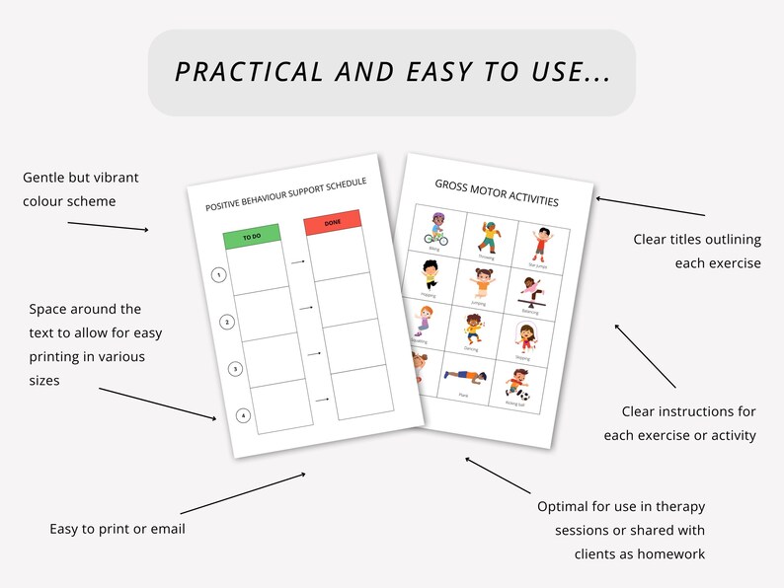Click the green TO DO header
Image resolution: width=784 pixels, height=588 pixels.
pos(252,237)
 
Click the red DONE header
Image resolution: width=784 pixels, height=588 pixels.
pos(332,226)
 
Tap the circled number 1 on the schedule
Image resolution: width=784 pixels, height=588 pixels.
pos(218,275)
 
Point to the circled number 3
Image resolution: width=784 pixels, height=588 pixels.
pos(235,368)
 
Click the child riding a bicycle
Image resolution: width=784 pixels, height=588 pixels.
pos(435,228)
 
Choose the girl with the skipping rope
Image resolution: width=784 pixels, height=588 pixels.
pos(523,338)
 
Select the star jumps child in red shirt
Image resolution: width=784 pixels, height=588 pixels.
pos(539,243)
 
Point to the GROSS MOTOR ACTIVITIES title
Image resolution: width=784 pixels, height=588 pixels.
pos(497,192)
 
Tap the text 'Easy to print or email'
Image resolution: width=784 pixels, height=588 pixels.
pos(118,529)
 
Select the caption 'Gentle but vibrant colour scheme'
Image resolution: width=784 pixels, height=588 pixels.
pos(81,188)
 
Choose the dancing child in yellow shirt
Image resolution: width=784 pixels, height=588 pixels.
pos(471,330)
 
